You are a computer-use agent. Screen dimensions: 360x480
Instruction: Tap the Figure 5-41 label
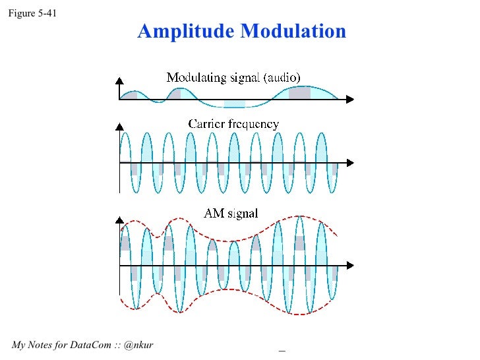point(27,11)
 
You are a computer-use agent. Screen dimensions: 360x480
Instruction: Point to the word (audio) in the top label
point(282,78)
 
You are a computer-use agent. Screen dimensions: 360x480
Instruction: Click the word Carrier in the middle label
point(208,124)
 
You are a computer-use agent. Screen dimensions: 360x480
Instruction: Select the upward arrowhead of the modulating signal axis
point(119,82)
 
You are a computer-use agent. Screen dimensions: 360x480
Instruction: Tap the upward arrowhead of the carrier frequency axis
point(119,125)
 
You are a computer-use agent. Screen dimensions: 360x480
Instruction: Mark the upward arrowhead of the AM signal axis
point(119,218)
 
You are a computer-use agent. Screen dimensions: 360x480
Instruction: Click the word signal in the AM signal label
point(243,214)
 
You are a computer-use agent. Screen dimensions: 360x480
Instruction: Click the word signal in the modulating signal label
point(244,78)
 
